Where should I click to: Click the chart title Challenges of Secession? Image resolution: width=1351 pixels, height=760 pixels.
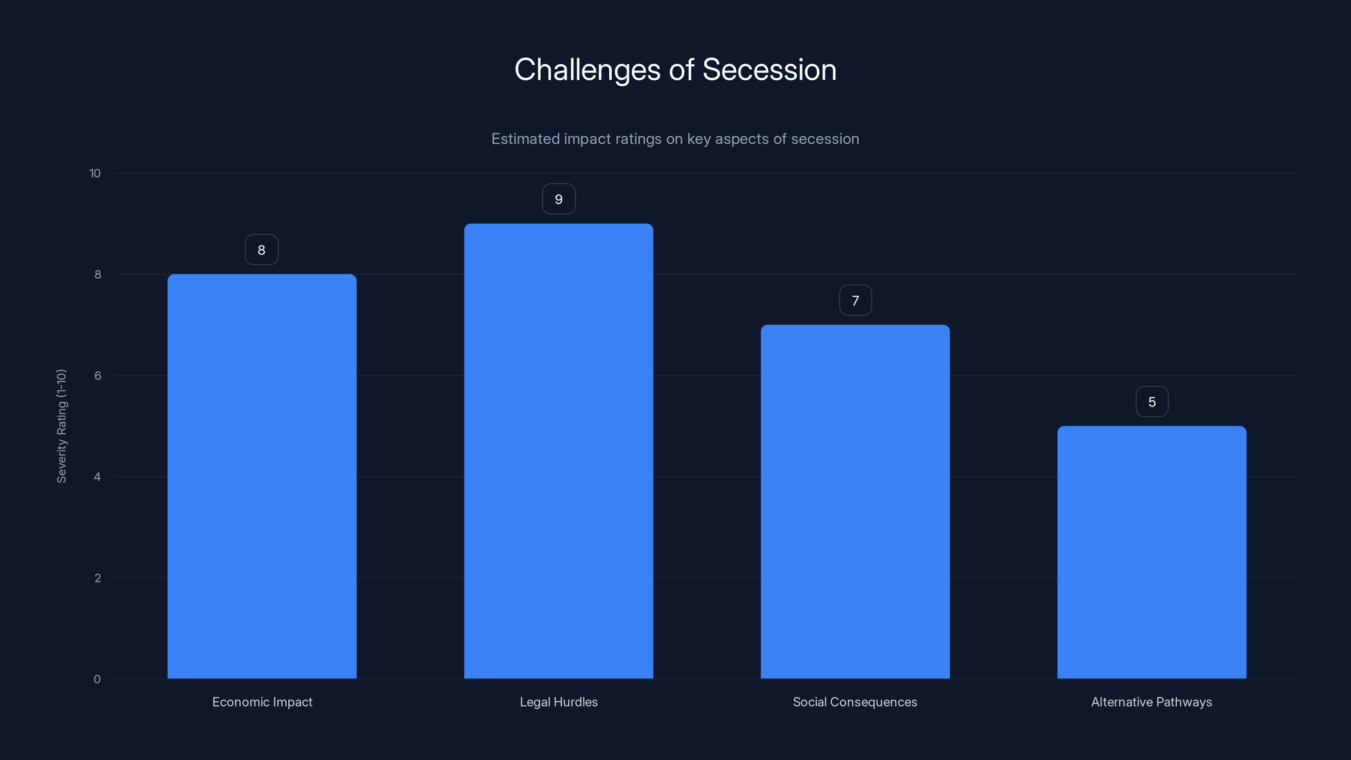(x=675, y=70)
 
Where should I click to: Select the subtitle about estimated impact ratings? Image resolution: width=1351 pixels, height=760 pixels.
(x=675, y=139)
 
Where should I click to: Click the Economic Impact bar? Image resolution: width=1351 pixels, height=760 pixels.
(x=262, y=476)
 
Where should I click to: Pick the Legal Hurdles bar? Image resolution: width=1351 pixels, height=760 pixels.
(x=559, y=451)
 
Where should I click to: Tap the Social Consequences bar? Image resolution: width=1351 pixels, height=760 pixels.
(x=855, y=502)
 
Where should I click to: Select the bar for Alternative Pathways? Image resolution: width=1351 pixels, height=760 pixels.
(x=1151, y=552)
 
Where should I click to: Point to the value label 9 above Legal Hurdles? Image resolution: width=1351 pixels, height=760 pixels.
(x=559, y=199)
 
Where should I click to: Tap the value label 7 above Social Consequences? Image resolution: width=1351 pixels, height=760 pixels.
(x=855, y=301)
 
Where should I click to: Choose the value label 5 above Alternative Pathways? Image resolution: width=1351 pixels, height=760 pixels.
(x=1152, y=402)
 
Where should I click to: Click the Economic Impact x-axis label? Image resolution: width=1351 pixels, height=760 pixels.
(x=262, y=702)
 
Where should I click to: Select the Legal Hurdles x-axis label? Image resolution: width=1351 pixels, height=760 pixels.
(x=559, y=702)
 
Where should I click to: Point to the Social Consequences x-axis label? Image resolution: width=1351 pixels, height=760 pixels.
(x=855, y=702)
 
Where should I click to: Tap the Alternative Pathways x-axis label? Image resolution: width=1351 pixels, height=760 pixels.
(x=1151, y=702)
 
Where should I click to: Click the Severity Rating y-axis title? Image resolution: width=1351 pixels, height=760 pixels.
(x=61, y=426)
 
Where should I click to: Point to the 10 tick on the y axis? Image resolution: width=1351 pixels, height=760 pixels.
(x=95, y=174)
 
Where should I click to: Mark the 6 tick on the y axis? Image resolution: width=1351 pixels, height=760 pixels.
(x=98, y=375)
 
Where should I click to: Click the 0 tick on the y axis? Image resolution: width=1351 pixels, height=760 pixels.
(x=97, y=680)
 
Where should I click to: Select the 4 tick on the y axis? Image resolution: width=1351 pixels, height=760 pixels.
(x=97, y=477)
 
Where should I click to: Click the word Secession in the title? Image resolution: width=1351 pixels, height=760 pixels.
(x=769, y=70)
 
